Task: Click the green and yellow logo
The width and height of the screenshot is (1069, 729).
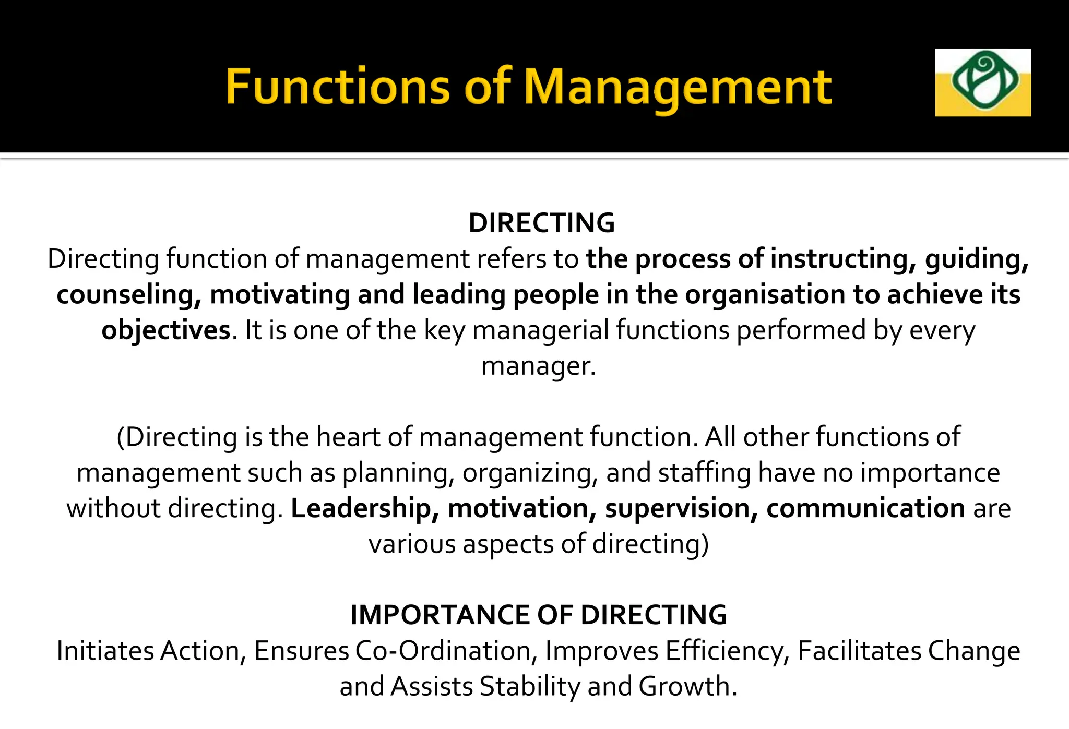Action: pyautogui.click(x=982, y=82)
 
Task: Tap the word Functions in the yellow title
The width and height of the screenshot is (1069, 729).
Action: pyautogui.click(x=337, y=87)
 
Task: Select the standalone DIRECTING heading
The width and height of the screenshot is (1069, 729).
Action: pyautogui.click(x=542, y=223)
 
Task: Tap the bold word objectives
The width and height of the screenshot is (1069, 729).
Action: pyautogui.click(x=166, y=331)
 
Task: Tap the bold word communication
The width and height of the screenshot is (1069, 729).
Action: pyautogui.click(x=865, y=509)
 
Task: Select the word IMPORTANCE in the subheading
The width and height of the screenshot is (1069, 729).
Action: pyautogui.click(x=440, y=615)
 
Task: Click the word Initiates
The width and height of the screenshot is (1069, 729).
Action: pyautogui.click(x=106, y=651)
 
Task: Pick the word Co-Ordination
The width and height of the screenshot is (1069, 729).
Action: pyautogui.click(x=447, y=651)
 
